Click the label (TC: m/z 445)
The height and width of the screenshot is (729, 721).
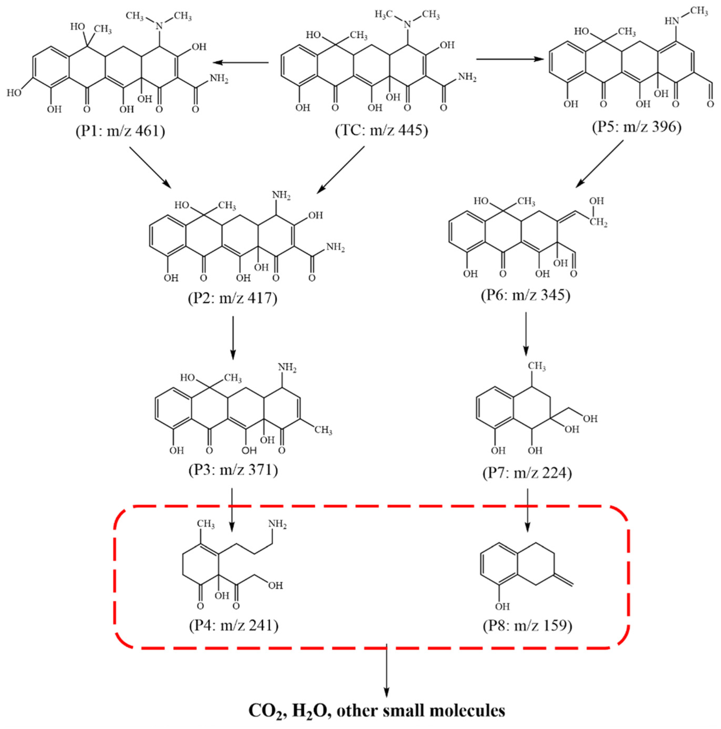click(x=382, y=131)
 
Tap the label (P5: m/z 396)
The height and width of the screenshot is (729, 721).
click(x=636, y=127)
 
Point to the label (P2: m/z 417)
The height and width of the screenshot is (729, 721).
click(x=233, y=298)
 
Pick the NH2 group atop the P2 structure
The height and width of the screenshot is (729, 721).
click(x=281, y=195)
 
